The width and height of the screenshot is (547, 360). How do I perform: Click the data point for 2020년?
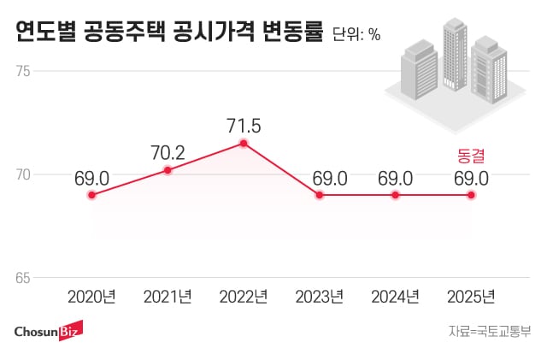(x=92, y=195)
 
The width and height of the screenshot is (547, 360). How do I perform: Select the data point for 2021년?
(x=168, y=170)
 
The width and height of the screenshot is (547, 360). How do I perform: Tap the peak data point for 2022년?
(x=244, y=143)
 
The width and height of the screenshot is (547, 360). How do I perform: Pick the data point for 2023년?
(x=320, y=195)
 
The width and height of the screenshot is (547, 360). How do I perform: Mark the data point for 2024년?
(x=395, y=195)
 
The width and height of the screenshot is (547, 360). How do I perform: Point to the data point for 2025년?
(x=471, y=195)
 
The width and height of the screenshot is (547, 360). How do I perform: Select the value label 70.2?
(x=168, y=153)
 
